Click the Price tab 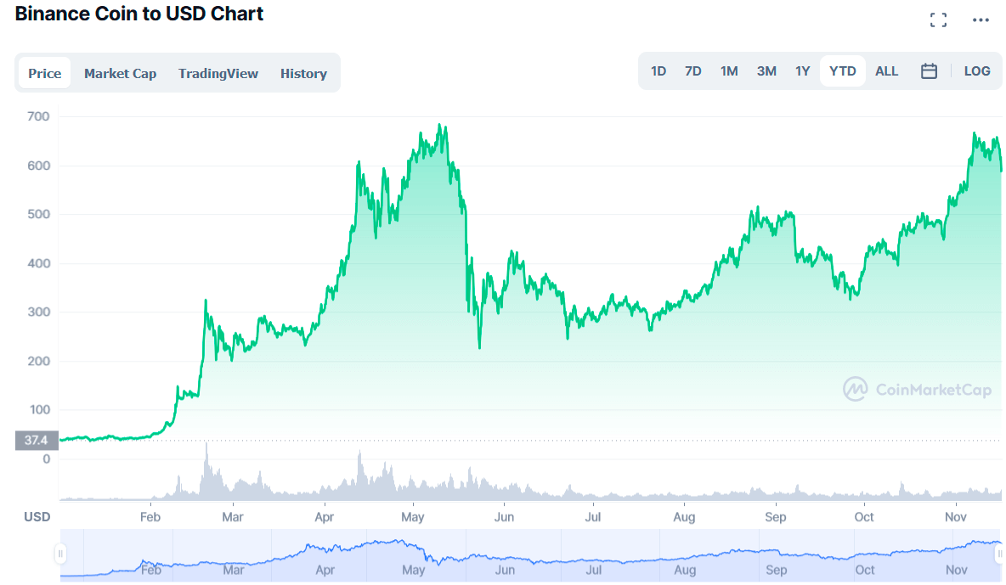(44, 73)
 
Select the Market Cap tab (120, 73)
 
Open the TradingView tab (218, 73)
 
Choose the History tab (303, 73)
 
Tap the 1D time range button (658, 70)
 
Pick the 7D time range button (693, 70)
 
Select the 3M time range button (766, 70)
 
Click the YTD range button (842, 70)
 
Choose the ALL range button (887, 70)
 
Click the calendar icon (929, 70)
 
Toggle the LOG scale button (977, 70)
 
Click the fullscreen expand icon (939, 20)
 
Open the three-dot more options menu (981, 20)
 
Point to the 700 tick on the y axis (38, 116)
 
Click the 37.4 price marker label (37, 440)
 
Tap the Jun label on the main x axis (505, 517)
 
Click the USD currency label (37, 517)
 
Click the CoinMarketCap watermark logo (917, 389)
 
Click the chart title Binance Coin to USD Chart (139, 14)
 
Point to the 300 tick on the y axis (38, 312)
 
